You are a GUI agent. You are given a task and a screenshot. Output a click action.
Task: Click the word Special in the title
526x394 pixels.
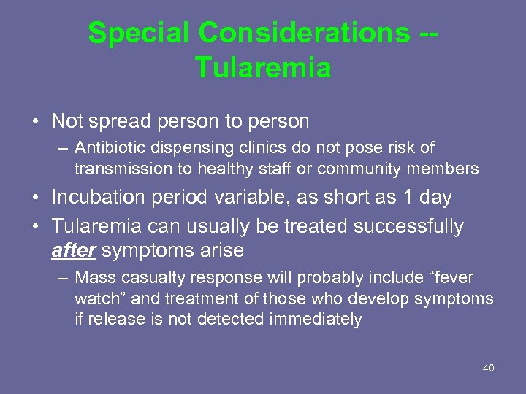coord(138,33)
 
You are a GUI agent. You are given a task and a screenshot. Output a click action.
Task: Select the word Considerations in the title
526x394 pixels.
coord(300,33)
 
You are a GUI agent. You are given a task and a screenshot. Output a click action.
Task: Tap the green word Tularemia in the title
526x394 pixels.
coord(263,68)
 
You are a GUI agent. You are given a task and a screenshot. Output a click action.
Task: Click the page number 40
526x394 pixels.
coord(488,368)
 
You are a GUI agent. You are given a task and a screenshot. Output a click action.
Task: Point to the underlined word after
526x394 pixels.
coord(74,250)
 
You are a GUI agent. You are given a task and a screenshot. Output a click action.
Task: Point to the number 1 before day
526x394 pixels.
coord(413,198)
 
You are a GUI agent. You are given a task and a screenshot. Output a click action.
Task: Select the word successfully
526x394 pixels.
coord(408,227)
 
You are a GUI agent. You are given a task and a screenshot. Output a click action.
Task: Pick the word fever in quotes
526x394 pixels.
coord(451,278)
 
